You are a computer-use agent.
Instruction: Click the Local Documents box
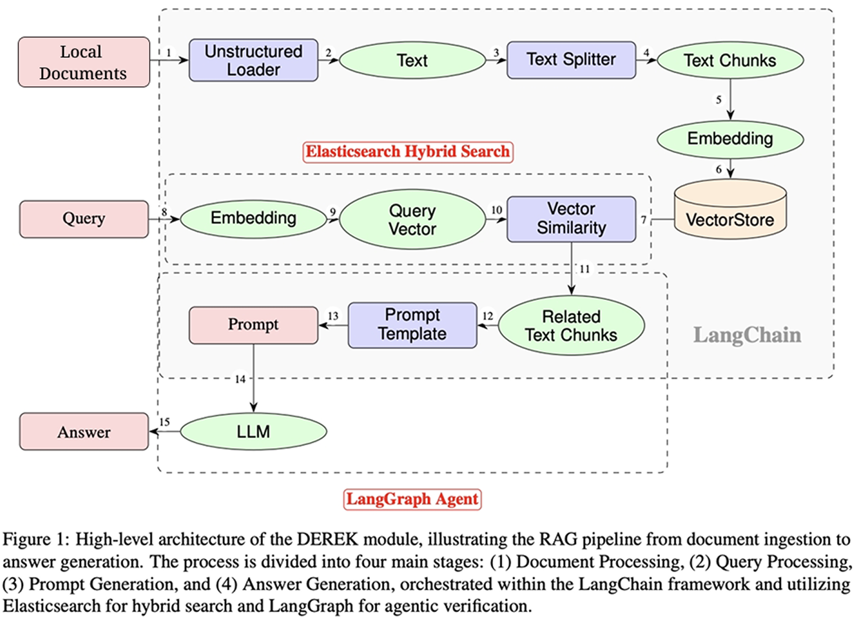click(x=84, y=62)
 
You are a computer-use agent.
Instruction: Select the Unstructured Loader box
click(x=253, y=60)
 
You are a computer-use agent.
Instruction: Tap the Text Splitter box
click(x=571, y=60)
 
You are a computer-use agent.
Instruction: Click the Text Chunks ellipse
click(x=730, y=60)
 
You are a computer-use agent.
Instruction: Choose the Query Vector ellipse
click(x=412, y=220)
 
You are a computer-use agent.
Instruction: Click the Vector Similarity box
click(x=571, y=219)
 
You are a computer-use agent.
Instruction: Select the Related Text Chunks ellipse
click(x=571, y=326)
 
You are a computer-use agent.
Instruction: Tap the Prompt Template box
click(x=412, y=325)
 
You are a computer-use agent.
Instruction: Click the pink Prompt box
click(x=253, y=325)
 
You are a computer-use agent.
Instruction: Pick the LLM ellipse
click(x=253, y=432)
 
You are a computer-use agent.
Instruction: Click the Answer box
click(x=84, y=432)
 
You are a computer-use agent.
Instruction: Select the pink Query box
click(x=84, y=219)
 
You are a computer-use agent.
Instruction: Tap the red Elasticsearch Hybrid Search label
click(x=408, y=152)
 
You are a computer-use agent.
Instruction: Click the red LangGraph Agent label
click(x=412, y=500)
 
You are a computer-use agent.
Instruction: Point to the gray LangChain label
click(x=747, y=335)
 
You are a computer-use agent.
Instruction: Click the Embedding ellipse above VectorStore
click(x=730, y=138)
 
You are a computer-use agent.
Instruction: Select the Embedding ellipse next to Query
click(x=253, y=218)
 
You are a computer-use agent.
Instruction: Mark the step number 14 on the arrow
click(x=240, y=379)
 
